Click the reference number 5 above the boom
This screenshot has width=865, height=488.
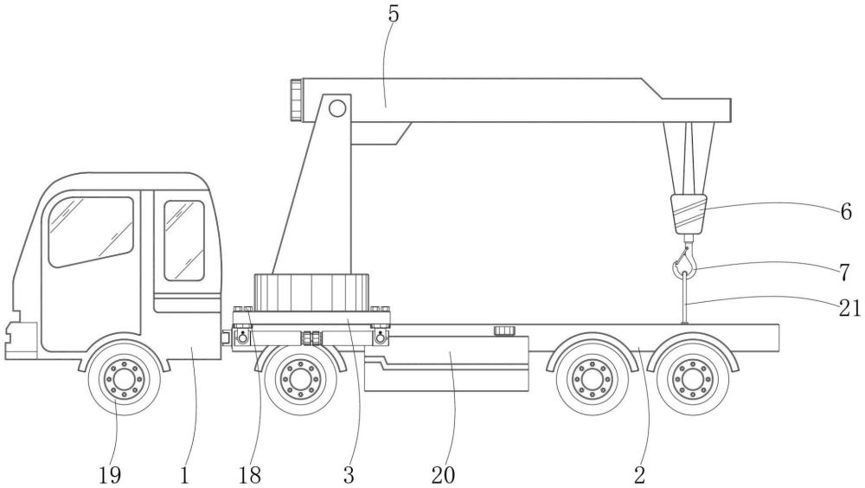[x=393, y=15]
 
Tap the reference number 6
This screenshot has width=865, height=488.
[x=846, y=212]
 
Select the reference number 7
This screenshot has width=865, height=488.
[x=844, y=272]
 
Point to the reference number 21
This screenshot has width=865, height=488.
[x=849, y=308]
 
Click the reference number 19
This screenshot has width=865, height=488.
[x=110, y=474]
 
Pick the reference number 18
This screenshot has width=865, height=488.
[x=249, y=474]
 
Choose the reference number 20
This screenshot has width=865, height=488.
[x=443, y=474]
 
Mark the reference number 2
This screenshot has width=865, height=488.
[x=639, y=474]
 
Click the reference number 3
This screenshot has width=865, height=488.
[x=348, y=474]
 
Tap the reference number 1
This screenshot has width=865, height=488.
[x=184, y=474]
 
